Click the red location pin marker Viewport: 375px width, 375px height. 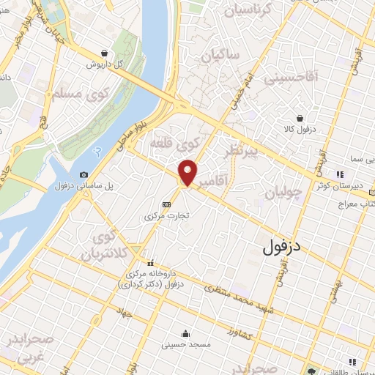(x=187, y=172)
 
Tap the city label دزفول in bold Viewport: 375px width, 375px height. (x=282, y=248)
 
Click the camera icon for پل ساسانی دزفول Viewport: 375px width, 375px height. (x=84, y=174)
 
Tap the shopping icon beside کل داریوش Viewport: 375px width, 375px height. (x=108, y=53)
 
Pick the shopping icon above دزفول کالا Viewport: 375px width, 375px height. (x=300, y=118)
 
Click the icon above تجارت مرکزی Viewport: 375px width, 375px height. (x=166, y=204)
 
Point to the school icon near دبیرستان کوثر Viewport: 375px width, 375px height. (x=339, y=174)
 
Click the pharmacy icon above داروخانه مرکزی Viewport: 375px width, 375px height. (x=151, y=262)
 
